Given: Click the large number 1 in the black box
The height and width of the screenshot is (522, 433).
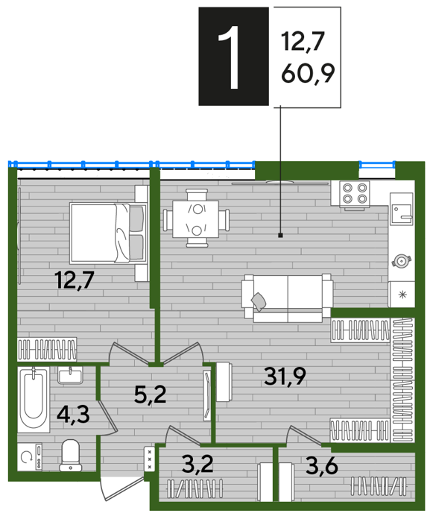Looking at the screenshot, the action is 230,57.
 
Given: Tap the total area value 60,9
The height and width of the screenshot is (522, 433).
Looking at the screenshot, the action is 308,73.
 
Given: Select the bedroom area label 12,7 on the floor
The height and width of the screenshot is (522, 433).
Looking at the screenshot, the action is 75,280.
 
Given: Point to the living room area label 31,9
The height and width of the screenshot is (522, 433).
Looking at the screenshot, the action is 285,376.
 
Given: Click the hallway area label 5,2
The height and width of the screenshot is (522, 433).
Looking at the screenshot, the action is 150,394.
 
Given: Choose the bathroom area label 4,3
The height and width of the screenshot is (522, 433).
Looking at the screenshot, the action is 73,414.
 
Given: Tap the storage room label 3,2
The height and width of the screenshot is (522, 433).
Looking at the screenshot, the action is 197,464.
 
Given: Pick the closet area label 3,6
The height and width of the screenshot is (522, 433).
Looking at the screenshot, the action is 322,466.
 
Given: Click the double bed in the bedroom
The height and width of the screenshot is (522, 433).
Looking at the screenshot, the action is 109,233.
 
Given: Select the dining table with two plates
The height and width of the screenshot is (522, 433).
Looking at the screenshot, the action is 196,218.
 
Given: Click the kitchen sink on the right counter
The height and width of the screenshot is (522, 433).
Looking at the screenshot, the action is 402,214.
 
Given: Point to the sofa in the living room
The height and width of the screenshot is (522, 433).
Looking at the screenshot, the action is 288,298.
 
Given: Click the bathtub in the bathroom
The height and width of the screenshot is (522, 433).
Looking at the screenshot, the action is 34,400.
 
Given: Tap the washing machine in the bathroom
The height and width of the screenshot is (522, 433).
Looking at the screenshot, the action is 30,456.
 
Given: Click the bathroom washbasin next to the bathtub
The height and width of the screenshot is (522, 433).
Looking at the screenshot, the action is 70,376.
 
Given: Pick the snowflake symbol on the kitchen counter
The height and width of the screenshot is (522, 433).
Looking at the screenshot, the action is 402,295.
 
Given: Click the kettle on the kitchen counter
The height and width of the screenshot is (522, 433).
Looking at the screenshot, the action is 401,261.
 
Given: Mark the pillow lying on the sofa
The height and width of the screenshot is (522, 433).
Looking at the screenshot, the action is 259,301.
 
